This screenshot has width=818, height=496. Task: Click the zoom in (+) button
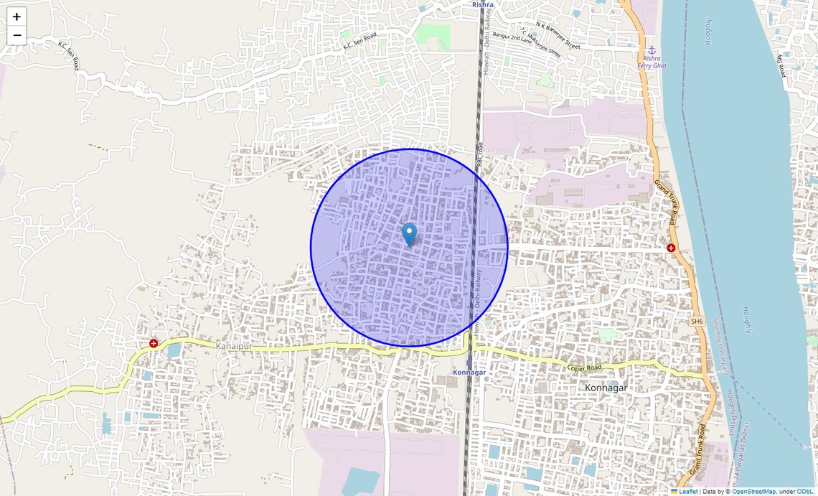[17, 17]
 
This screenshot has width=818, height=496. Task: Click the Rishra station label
[483, 4]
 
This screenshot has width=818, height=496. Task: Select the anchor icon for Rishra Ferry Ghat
[652, 51]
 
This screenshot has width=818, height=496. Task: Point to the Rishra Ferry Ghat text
[652, 62]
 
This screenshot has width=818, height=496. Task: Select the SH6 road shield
[697, 322]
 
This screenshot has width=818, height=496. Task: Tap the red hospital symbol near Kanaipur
[154, 343]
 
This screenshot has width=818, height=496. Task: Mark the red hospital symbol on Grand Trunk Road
[671, 248]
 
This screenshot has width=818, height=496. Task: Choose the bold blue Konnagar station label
[470, 373]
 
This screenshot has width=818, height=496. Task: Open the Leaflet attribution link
[688, 492]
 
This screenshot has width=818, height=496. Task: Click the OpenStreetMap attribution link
[753, 492]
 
